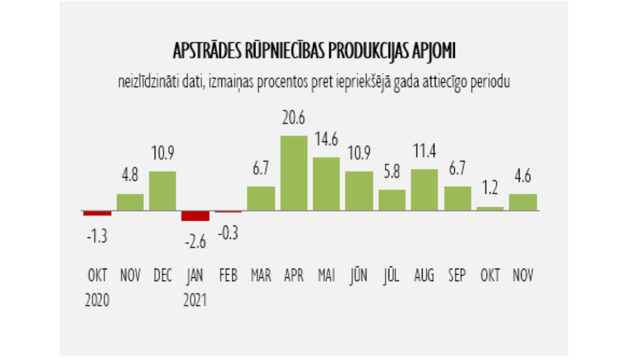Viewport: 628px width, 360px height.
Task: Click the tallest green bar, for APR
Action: [293, 173]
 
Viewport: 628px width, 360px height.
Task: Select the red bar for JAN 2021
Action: [195, 216]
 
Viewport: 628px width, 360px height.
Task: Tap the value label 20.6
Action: [293, 118]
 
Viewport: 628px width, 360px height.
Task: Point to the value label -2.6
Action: [196, 242]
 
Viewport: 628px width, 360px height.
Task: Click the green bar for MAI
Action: [326, 184]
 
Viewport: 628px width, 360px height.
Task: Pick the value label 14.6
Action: [326, 139]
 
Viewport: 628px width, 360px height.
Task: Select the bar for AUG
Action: [424, 190]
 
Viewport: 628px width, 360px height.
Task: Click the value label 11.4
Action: [425, 151]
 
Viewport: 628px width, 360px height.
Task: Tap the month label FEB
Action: [228, 275]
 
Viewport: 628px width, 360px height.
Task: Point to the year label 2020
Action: [97, 300]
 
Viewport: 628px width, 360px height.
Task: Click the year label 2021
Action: [195, 300]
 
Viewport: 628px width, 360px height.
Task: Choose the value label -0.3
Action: [228, 233]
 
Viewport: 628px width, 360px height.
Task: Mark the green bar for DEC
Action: [162, 191]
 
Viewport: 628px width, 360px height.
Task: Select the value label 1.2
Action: [490, 188]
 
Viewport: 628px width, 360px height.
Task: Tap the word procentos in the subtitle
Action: [283, 82]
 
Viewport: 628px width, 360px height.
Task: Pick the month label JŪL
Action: [391, 275]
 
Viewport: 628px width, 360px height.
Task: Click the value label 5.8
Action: [392, 172]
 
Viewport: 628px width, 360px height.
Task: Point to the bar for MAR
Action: [261, 198]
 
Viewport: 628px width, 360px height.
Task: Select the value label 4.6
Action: [523, 176]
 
